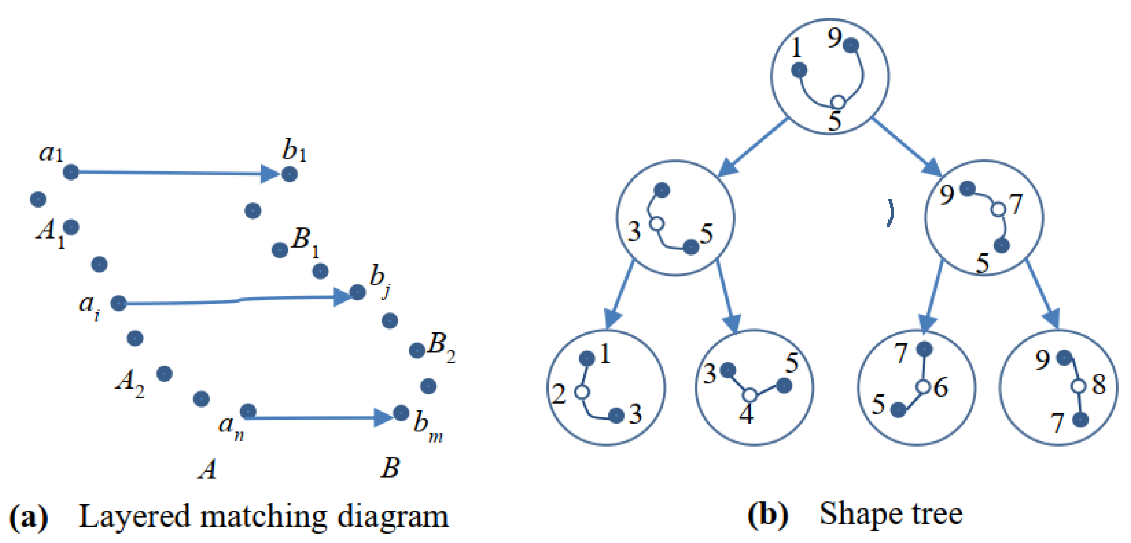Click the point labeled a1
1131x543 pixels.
coord(71,171)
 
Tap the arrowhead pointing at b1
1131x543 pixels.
coord(270,173)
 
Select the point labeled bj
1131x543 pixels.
coord(357,292)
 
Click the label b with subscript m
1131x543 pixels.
coord(426,426)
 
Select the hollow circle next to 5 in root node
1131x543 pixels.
coord(838,102)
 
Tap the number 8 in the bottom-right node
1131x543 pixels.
coord(1099,384)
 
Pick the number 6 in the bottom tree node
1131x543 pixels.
coord(941,387)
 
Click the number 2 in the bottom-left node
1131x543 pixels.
coord(559,393)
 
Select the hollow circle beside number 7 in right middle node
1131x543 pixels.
coord(998,209)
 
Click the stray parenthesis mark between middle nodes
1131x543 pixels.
coord(891,213)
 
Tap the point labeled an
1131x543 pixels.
coord(248,411)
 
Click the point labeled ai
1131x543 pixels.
coord(119,303)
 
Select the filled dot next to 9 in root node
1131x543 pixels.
coord(851,45)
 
